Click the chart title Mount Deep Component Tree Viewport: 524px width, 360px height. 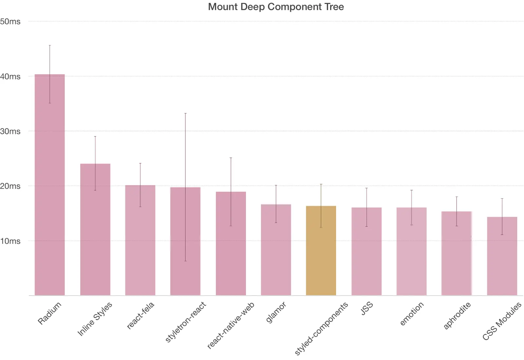click(x=276, y=7)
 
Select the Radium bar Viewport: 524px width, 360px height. click(x=50, y=185)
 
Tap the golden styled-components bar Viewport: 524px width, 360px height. click(x=321, y=250)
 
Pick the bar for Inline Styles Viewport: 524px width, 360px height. click(x=95, y=229)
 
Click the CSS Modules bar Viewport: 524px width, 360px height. click(x=502, y=256)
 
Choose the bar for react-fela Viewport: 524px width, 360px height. click(x=140, y=240)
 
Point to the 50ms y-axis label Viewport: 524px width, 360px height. click(x=10, y=22)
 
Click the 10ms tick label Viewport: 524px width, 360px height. click(x=10, y=241)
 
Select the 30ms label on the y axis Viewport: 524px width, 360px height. click(x=10, y=132)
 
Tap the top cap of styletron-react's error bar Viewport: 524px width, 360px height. click(x=185, y=113)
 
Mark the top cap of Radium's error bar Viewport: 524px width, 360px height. click(x=50, y=45)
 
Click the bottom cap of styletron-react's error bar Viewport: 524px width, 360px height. click(x=185, y=261)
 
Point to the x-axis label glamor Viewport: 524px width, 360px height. click(x=276, y=312)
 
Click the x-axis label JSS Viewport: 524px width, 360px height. click(x=366, y=309)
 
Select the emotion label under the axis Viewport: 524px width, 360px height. click(x=412, y=314)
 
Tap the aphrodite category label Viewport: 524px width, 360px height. click(x=457, y=315)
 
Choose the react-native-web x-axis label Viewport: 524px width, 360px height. click(x=231, y=325)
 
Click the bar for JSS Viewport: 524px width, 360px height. click(x=366, y=251)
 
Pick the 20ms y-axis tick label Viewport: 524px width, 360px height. click(x=10, y=186)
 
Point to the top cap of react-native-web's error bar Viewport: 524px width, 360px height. click(x=231, y=158)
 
